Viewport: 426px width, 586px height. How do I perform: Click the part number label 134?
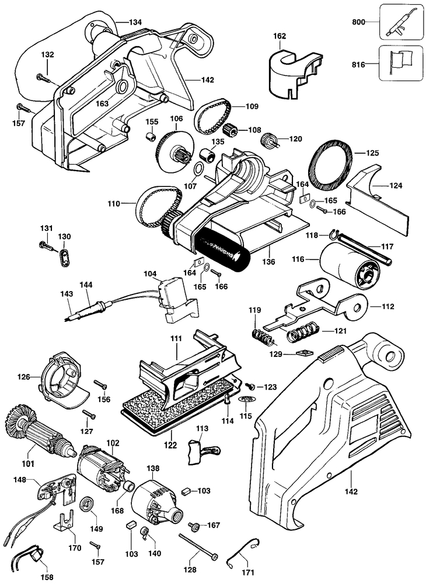click(135, 22)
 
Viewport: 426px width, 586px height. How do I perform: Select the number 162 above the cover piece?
click(280, 36)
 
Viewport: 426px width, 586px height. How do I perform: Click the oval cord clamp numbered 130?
click(64, 256)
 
